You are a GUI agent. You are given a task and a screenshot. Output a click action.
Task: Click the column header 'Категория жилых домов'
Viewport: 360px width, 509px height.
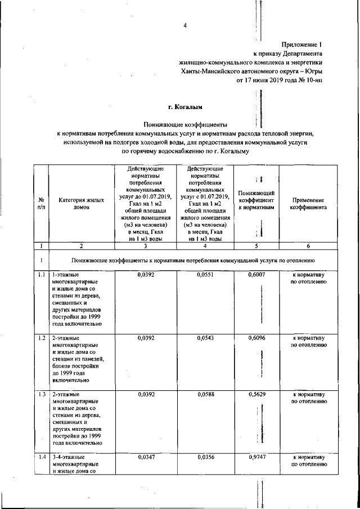[x=81, y=203]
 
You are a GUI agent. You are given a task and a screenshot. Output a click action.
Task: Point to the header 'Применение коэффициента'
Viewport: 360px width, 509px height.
[x=308, y=203]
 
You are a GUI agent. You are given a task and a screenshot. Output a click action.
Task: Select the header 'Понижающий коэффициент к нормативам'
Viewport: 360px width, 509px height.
[x=256, y=200]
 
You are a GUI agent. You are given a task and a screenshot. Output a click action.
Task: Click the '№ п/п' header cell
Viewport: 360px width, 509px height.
[x=41, y=203]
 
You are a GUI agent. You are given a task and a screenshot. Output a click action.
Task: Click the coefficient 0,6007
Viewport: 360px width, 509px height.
[x=256, y=274]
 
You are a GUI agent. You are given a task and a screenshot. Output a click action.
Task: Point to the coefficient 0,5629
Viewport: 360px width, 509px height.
[x=256, y=394]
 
